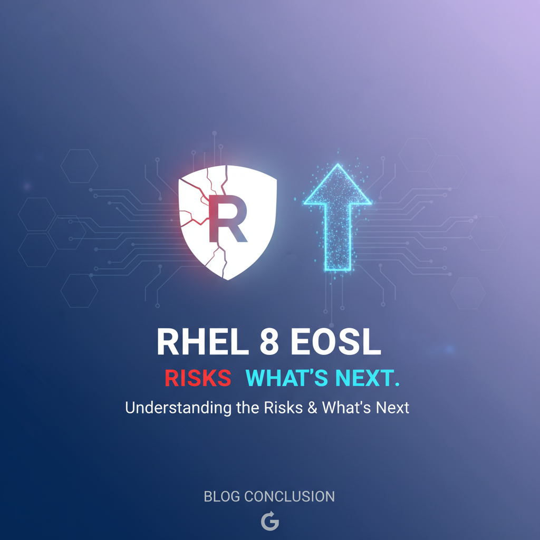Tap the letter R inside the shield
click(228, 219)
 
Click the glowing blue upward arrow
click(337, 218)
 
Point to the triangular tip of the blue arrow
click(338, 165)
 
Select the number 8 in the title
click(269, 342)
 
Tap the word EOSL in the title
click(336, 342)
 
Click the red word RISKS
click(198, 378)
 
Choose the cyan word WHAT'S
click(286, 378)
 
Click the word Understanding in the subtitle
click(178, 408)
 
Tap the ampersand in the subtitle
click(312, 408)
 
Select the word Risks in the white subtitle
click(283, 408)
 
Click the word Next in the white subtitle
click(392, 408)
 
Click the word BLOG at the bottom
click(222, 497)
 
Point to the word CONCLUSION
click(290, 497)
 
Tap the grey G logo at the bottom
click(269, 520)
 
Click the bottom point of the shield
click(228, 279)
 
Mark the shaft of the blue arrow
click(337, 238)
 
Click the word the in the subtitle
click(248, 408)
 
